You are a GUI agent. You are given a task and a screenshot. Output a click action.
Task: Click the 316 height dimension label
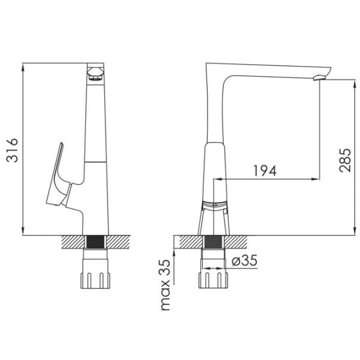[x=12, y=151]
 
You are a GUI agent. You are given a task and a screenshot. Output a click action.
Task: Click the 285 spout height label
[x=345, y=160]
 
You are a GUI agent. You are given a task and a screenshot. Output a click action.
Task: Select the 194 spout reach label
[x=265, y=170]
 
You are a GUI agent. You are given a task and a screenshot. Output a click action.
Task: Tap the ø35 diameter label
[x=244, y=260]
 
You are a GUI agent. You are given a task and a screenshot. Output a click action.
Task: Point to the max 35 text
[x=166, y=285]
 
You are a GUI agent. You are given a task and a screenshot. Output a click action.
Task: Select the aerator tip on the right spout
[x=319, y=78]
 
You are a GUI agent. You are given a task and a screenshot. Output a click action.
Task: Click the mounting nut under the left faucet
[x=95, y=280]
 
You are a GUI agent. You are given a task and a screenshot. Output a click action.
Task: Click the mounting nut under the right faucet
[x=213, y=280]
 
